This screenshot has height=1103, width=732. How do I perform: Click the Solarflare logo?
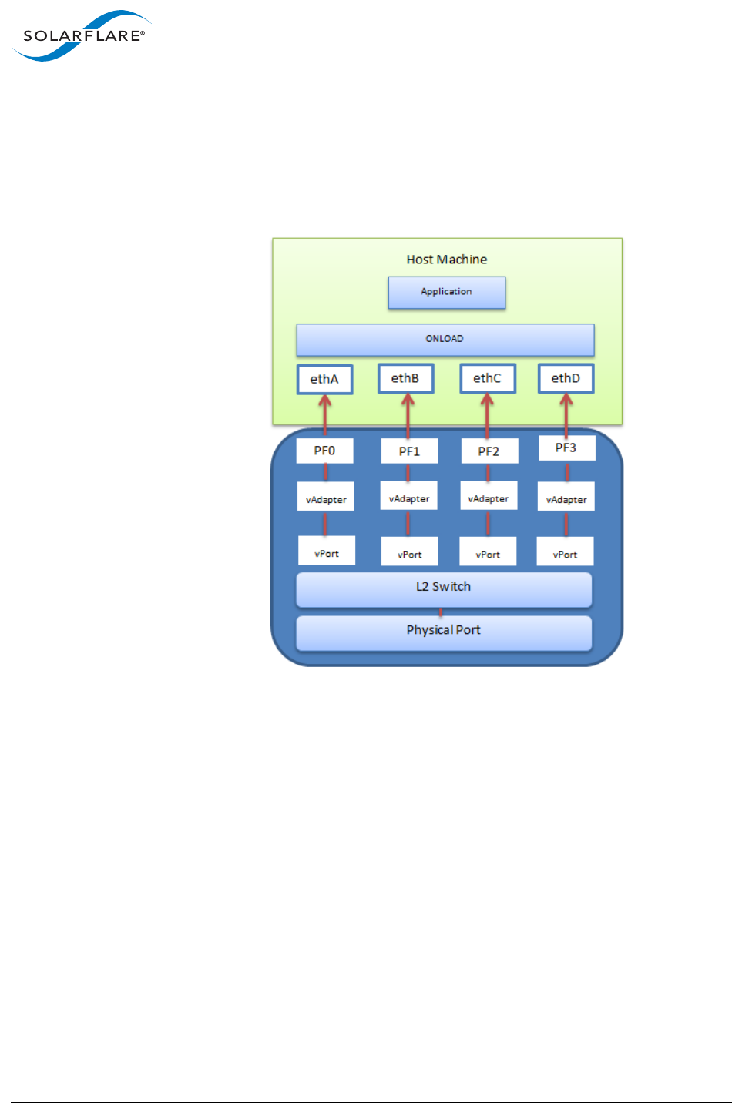pyautogui.click(x=81, y=35)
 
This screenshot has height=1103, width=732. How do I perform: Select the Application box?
pyautogui.click(x=447, y=293)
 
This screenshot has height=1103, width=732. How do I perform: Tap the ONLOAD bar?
pyautogui.click(x=445, y=340)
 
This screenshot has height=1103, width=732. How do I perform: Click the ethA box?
pyautogui.click(x=324, y=379)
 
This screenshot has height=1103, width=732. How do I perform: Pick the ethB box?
pyautogui.click(x=405, y=378)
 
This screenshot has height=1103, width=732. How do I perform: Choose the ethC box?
pyautogui.click(x=487, y=378)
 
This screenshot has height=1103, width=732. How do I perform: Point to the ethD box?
pyautogui.click(x=566, y=378)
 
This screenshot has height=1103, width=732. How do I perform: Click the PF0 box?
pyautogui.click(x=324, y=451)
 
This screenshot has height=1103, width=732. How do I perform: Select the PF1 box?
pyautogui.click(x=409, y=451)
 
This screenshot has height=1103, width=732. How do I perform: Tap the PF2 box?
pyautogui.click(x=489, y=451)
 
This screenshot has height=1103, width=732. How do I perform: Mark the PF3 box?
pyautogui.click(x=566, y=448)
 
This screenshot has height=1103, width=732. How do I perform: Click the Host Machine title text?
pyautogui.click(x=447, y=260)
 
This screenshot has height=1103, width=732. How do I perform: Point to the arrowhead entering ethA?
pyautogui.click(x=325, y=400)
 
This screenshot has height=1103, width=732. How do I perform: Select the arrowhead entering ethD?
pyautogui.click(x=566, y=399)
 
